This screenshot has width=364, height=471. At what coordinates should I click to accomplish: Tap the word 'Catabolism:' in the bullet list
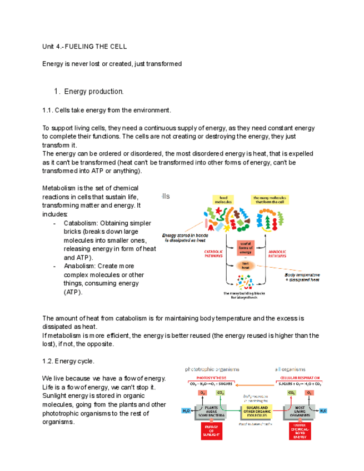(82, 223)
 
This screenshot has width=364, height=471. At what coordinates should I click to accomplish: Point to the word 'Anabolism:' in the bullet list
(82, 266)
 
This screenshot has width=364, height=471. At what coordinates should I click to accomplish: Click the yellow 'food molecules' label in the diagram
(223, 199)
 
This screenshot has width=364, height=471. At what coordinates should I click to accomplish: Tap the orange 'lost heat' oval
(245, 265)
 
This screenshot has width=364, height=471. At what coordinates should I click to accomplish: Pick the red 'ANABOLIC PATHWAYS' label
(277, 254)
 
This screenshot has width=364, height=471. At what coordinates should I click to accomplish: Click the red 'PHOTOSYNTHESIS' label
(208, 377)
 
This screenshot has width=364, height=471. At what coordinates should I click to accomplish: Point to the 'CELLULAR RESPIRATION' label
(300, 377)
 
